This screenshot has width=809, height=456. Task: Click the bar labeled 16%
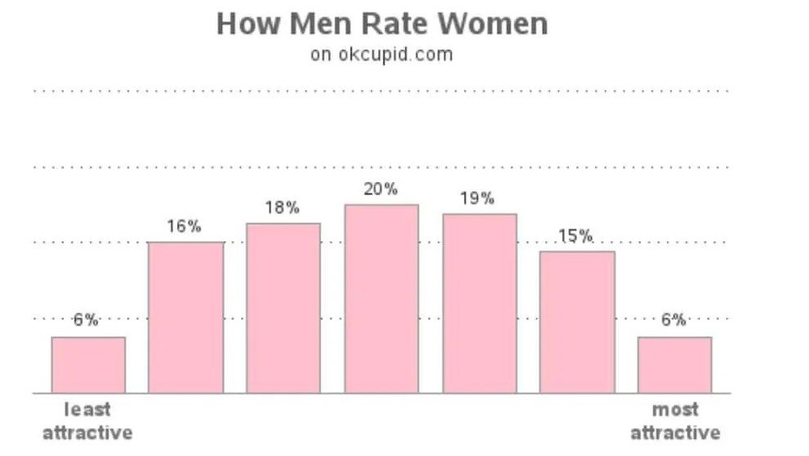[185, 317]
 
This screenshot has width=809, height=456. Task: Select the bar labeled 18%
[284, 308]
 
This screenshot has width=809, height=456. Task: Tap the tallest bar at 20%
[381, 299]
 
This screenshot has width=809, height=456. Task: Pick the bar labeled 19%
[479, 303]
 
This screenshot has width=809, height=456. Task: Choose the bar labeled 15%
[577, 321]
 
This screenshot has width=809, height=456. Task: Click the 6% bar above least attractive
[89, 364]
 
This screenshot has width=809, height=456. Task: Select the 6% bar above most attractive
[675, 364]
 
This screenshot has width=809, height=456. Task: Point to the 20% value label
[381, 189]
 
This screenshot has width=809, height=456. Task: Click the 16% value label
[184, 226]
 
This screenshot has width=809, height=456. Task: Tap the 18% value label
[282, 208]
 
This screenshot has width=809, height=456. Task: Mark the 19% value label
[477, 198]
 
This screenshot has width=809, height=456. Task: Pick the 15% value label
[575, 236]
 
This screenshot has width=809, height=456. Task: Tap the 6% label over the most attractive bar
[674, 320]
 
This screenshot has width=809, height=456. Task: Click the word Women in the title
[497, 24]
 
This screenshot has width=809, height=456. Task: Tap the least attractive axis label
[88, 421]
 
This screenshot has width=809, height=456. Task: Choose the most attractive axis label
[675, 421]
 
